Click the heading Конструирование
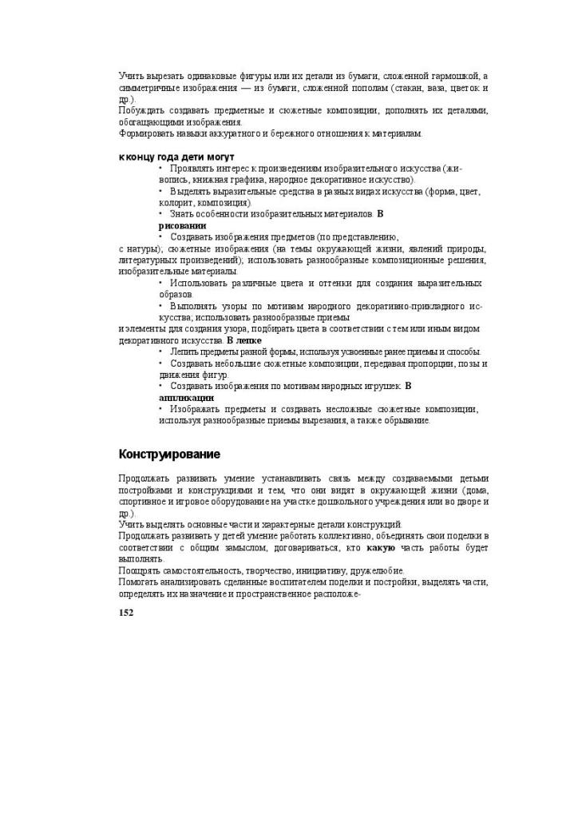(x=169, y=455)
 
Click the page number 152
(x=126, y=613)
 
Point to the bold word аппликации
(x=186, y=397)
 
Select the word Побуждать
(x=140, y=110)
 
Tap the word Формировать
(x=144, y=133)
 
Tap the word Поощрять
(x=140, y=570)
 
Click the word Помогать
(x=140, y=582)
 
